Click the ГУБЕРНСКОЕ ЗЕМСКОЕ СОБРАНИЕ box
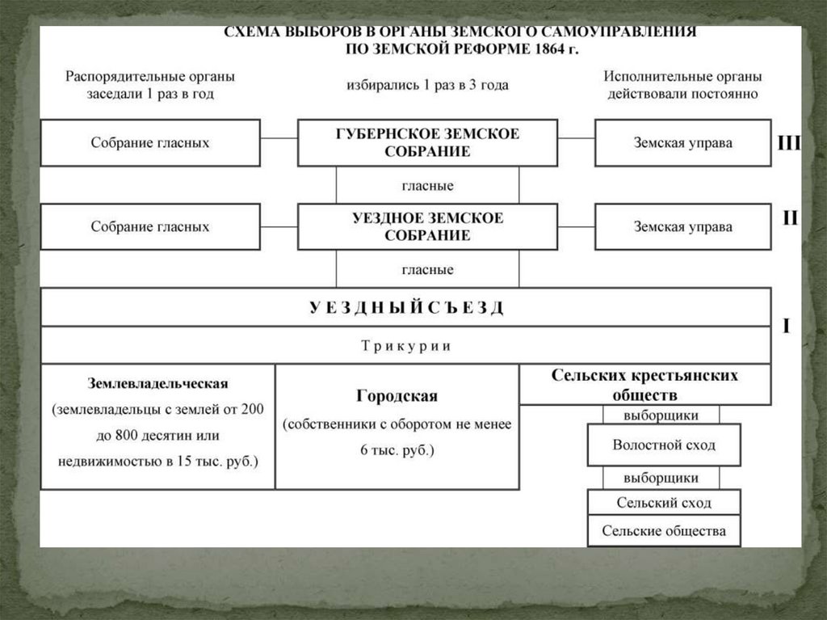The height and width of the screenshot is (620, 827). (x=427, y=143)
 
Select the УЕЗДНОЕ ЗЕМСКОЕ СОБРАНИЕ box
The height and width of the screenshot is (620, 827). (x=427, y=227)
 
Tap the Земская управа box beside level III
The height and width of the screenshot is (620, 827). (x=682, y=143)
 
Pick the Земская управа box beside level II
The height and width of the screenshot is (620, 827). (x=682, y=227)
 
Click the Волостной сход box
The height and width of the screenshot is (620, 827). (x=663, y=445)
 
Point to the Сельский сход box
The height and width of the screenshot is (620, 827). (x=663, y=503)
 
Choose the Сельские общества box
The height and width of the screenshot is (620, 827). (x=663, y=531)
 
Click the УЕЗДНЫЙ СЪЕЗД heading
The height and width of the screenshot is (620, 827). (x=405, y=308)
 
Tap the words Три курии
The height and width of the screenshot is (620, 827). (x=405, y=346)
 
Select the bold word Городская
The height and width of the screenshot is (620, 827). (x=397, y=396)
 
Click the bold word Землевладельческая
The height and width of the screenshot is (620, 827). (x=158, y=383)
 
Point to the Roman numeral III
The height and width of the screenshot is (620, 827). (x=788, y=144)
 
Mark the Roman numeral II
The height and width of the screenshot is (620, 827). (x=789, y=218)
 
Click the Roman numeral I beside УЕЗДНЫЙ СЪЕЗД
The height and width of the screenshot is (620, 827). (x=787, y=327)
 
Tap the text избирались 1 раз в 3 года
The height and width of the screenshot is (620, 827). (x=427, y=85)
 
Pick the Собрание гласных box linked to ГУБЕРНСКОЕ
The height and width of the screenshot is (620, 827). (x=150, y=143)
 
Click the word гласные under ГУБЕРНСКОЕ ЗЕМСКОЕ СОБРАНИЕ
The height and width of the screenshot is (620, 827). (x=427, y=186)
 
